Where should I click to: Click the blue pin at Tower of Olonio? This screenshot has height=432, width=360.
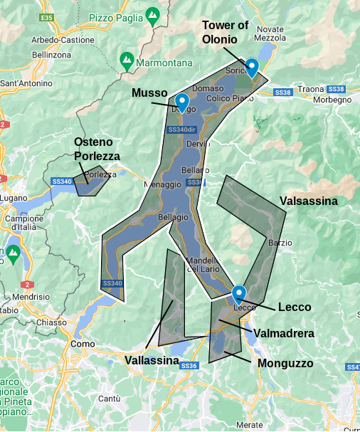pyautogui.click(x=251, y=67)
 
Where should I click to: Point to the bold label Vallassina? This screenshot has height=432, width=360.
pyautogui.click(x=152, y=361)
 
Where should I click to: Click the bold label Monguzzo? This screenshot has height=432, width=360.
pyautogui.click(x=285, y=363)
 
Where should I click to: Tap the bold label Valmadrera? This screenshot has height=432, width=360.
pyautogui.click(x=284, y=332)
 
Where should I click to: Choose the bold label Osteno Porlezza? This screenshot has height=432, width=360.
pyautogui.click(x=97, y=149)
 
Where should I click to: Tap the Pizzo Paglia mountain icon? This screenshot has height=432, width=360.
pyautogui.click(x=152, y=14)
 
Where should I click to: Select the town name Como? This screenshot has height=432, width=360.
pyautogui.click(x=83, y=344)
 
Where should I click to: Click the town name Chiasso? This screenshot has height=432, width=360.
pyautogui.click(x=51, y=322)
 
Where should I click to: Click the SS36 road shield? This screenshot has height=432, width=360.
pyautogui.click(x=189, y=366)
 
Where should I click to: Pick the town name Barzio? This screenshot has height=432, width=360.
pyautogui.click(x=280, y=243)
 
